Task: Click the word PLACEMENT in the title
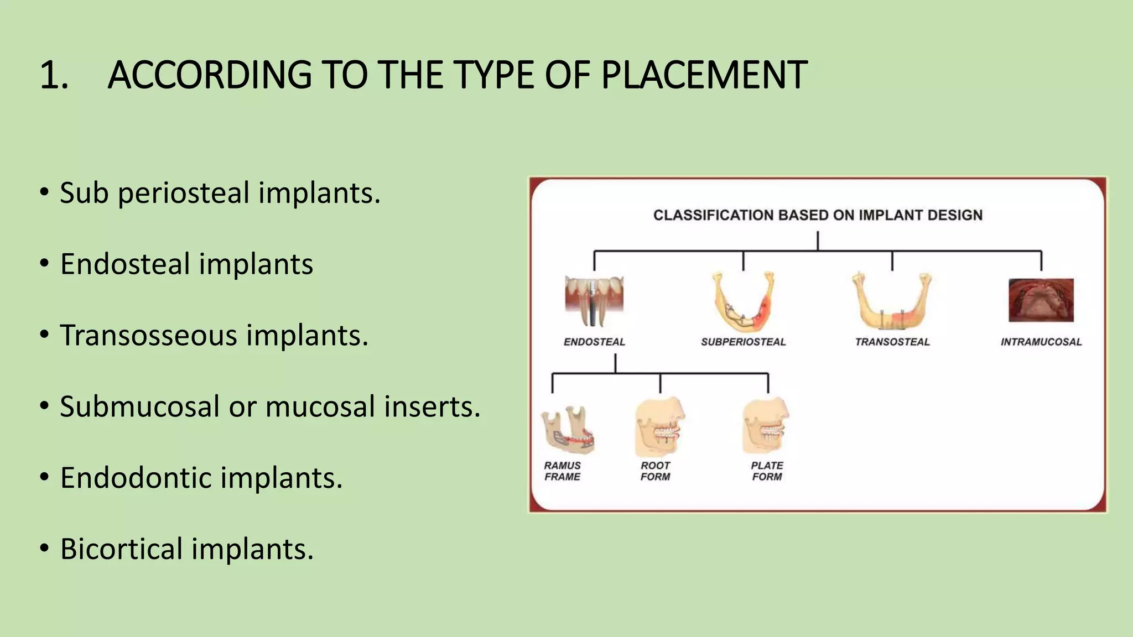[704, 75]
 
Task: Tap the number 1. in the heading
[54, 75]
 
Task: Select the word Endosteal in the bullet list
[124, 264]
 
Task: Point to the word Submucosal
[139, 406]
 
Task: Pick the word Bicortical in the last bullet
[121, 549]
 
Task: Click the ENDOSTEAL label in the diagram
[594, 342]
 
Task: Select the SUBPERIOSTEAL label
[743, 342]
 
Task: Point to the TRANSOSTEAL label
[892, 342]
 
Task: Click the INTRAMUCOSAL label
[1041, 342]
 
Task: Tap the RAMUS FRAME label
[562, 471]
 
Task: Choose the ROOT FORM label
[655, 471]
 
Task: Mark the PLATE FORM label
[767, 471]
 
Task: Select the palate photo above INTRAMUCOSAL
[1041, 300]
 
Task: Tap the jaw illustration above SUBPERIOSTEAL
[742, 301]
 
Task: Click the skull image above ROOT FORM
[659, 427]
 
